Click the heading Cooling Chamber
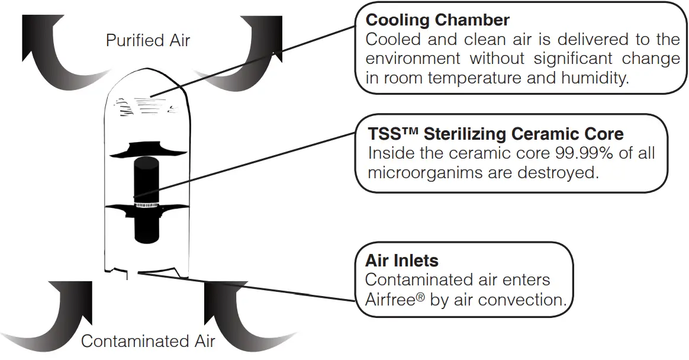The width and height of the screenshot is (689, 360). point(437,20)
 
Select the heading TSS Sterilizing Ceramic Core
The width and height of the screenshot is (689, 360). point(495,134)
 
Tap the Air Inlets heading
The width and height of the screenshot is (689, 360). point(401,261)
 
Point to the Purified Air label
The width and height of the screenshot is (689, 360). point(148,40)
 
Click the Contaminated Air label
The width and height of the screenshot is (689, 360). point(148,341)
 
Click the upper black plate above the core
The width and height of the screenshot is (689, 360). point(146,149)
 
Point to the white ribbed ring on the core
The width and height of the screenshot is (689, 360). point(147,205)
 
